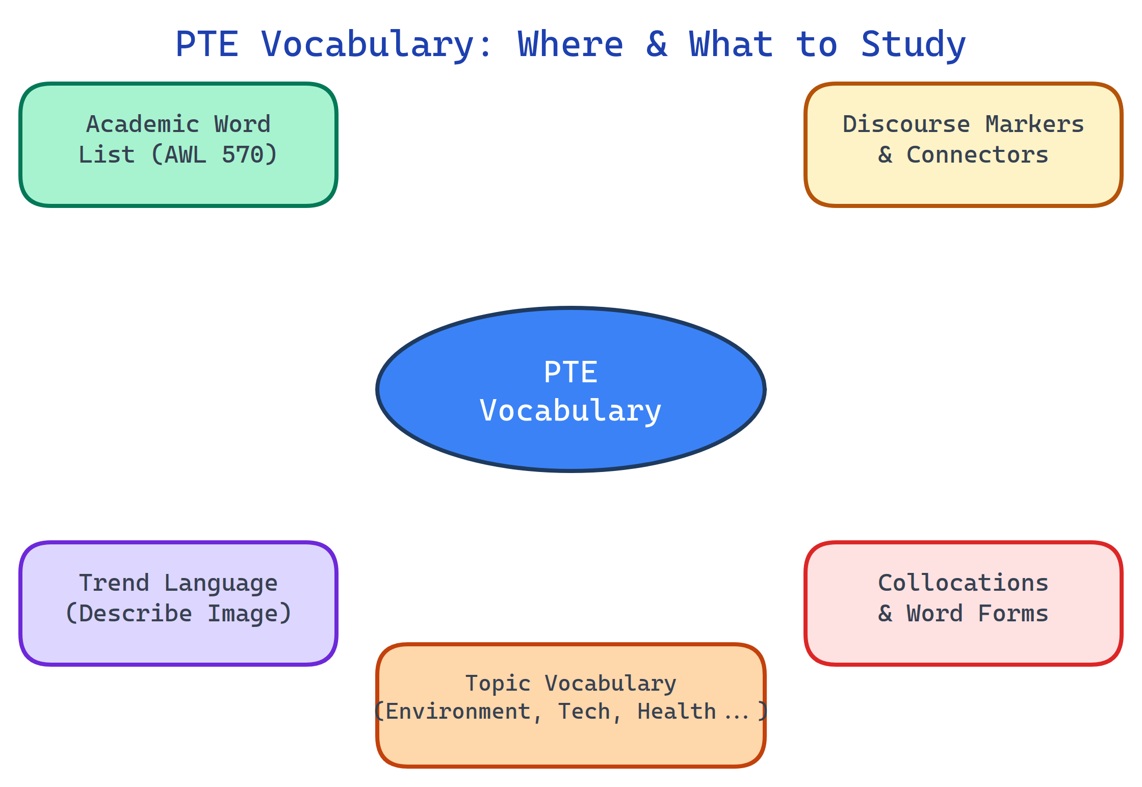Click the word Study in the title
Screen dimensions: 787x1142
tap(913, 44)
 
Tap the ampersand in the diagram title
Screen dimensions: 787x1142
tap(657, 44)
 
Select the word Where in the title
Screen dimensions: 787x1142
tap(570, 44)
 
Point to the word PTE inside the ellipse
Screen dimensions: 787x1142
tap(570, 372)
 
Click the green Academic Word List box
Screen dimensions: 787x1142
tap(178, 183)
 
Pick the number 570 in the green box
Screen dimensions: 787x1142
tap(242, 155)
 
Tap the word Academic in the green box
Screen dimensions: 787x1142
tap(143, 124)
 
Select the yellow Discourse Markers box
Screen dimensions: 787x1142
tap(964, 183)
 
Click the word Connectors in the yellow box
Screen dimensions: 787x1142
tap(977, 155)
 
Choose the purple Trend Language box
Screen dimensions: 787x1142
tap(178, 642)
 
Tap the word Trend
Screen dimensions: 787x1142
tap(114, 583)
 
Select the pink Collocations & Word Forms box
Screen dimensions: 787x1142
tap(964, 642)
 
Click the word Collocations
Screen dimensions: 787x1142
tap(963, 583)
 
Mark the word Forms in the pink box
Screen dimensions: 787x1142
tap(1013, 614)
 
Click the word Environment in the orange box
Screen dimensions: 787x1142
tap(458, 712)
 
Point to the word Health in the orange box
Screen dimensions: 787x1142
tap(677, 712)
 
